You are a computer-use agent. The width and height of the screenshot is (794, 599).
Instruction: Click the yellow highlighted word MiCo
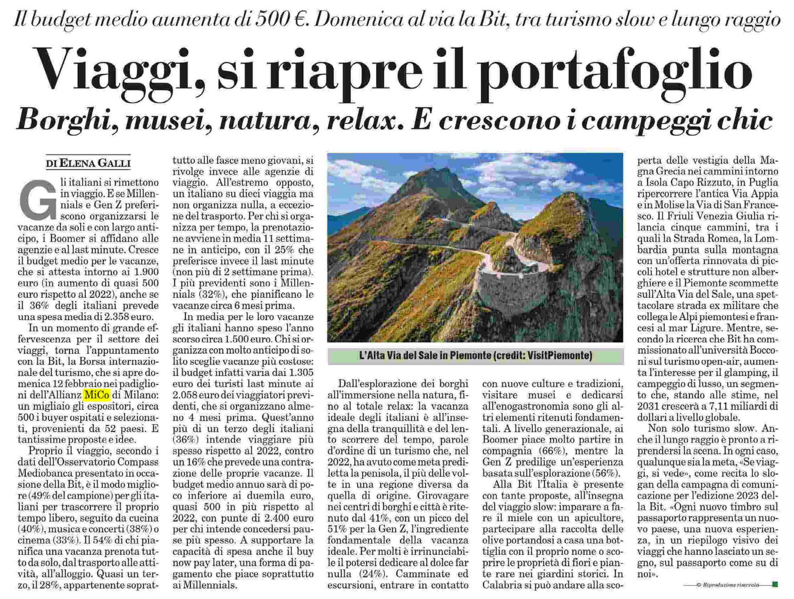click(97, 395)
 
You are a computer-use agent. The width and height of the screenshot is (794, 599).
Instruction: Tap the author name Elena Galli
click(95, 163)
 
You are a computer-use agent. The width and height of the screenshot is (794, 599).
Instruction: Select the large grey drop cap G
click(38, 200)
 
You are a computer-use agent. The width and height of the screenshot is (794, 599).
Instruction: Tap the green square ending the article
click(775, 585)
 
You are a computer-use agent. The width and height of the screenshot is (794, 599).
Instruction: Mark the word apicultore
click(597, 518)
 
